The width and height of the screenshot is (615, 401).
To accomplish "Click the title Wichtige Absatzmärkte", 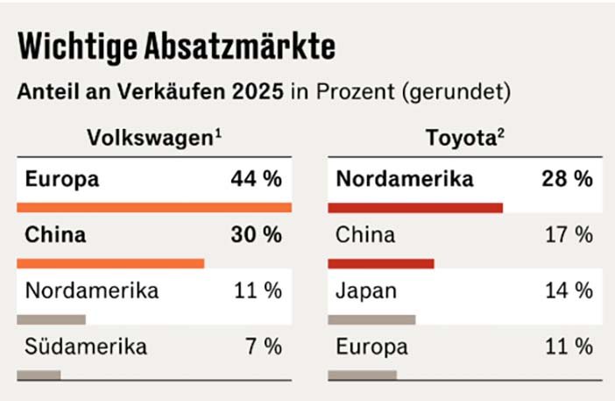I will (177, 46).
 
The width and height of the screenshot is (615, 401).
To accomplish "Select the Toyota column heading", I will (463, 138).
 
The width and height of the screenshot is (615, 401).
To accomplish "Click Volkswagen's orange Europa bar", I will (153, 208).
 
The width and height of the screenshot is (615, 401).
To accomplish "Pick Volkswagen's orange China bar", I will (110, 263).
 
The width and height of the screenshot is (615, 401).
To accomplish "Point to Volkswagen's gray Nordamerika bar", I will (52, 319).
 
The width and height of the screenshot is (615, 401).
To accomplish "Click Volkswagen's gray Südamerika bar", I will (39, 375).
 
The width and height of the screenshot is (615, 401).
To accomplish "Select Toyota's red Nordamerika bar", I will (415, 208).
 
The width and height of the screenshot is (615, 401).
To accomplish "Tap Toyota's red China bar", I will (381, 263).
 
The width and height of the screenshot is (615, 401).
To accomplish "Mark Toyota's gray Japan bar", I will (372, 319).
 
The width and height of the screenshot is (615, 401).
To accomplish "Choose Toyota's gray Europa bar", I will (363, 375).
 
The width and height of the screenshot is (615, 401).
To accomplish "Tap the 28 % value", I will (567, 180).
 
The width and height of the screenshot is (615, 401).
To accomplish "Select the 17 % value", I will (567, 235).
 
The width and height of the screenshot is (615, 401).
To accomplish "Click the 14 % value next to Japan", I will (567, 291).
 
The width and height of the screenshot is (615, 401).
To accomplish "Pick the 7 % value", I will (264, 347).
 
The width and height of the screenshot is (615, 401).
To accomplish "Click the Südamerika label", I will (87, 347).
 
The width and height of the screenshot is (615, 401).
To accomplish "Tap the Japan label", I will (365, 291).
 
